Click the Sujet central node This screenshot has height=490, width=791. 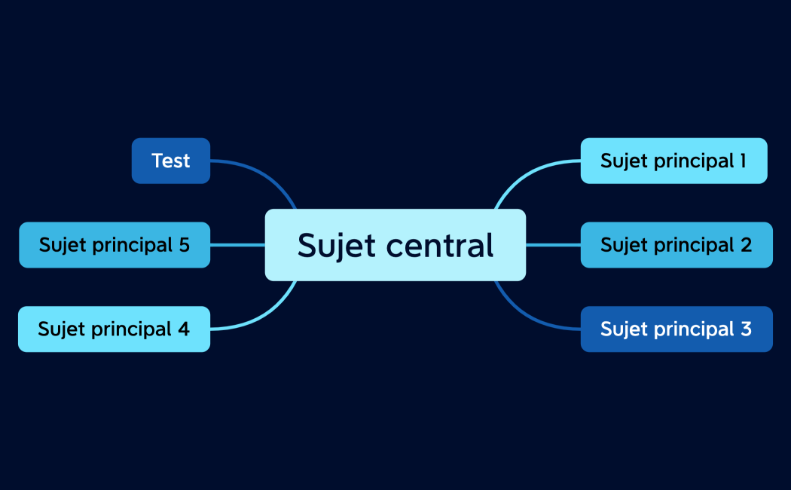pos(395,245)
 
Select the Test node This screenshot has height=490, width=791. pos(170,161)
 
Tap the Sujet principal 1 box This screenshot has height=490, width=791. pos(673,161)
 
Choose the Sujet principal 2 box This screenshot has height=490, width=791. pos(676,245)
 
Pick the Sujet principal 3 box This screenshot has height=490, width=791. pos(676,329)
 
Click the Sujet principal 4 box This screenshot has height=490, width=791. pos(114,329)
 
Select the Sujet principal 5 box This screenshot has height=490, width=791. pos(115,245)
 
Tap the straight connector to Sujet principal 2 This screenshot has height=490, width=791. pos(553,245)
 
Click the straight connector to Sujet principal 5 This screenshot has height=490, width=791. pos(237,245)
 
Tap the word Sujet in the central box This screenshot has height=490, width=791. pos(331,246)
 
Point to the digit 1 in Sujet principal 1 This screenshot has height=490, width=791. pos(742,161)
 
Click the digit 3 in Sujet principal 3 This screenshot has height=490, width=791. pos(745,329)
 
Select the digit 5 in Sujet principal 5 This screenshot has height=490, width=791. pos(184,245)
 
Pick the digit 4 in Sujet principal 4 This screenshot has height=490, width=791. pos(183,329)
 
